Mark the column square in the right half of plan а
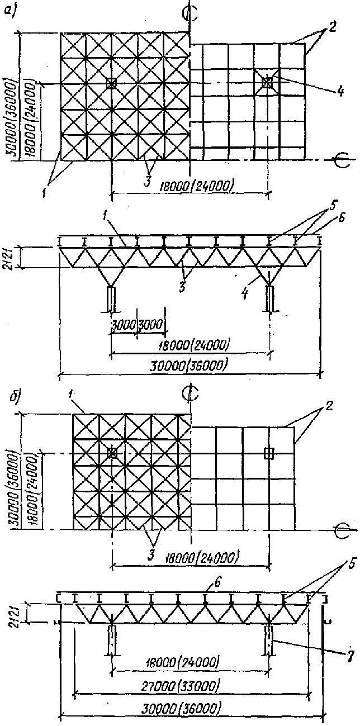(268, 83)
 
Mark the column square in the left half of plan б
(112, 452)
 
